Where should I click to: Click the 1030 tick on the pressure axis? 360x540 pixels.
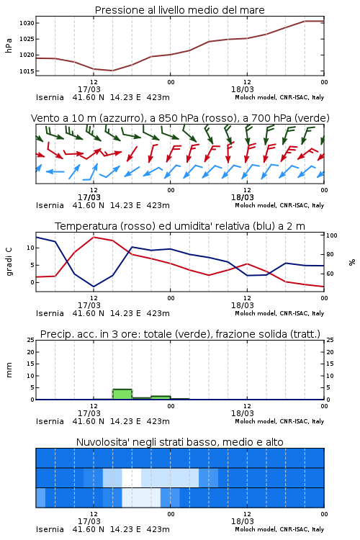[x=27, y=23]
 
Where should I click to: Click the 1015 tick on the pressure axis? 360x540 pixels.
[x=27, y=71]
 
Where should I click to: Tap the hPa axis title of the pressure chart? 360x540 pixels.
[x=9, y=45]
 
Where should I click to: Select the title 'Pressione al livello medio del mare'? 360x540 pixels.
[x=180, y=10]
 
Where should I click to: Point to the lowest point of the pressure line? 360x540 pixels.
[x=112, y=71]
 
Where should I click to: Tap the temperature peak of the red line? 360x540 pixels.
[x=94, y=237]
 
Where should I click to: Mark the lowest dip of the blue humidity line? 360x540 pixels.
[x=94, y=287]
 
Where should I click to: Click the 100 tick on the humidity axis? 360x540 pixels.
[x=332, y=235]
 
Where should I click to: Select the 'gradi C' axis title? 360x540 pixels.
[x=9, y=261]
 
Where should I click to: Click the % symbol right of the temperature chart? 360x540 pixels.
[x=352, y=262]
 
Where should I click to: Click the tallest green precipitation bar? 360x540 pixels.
[x=122, y=395]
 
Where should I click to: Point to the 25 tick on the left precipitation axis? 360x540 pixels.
[x=31, y=340]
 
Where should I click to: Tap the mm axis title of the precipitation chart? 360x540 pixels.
[x=9, y=369]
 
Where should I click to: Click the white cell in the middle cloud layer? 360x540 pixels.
[x=132, y=477]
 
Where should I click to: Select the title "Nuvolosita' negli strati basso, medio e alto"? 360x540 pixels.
[x=180, y=442]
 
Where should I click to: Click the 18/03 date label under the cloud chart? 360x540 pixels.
[x=243, y=521]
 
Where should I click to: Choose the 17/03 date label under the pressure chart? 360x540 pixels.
[x=89, y=89]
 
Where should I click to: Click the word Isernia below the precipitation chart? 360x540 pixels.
[x=50, y=421]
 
